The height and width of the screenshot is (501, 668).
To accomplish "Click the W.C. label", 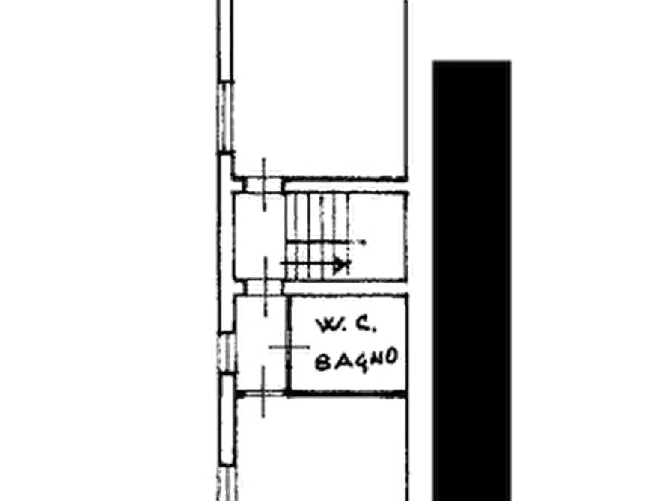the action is click(346, 325).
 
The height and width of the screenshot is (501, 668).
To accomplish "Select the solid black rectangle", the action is click(471, 280).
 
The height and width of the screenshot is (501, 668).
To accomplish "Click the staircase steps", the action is click(318, 236).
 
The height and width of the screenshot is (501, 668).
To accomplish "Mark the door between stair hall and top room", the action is click(264, 185).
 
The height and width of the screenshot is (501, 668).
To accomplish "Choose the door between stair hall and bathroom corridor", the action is click(265, 288).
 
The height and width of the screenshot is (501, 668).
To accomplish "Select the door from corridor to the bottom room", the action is click(263, 393).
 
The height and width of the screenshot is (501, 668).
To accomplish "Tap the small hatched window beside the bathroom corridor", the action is click(227, 353).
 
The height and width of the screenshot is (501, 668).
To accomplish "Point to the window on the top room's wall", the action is click(225, 116).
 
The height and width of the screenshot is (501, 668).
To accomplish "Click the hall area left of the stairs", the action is click(259, 236).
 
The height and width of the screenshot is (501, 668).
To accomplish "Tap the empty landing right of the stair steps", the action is click(377, 236).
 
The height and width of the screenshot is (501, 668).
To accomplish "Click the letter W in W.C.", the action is click(326, 325).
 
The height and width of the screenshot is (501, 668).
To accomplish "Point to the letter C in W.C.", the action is click(363, 325).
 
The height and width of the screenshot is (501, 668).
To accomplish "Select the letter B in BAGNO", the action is click(323, 363).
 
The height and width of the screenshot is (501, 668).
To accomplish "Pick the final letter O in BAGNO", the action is click(391, 357).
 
